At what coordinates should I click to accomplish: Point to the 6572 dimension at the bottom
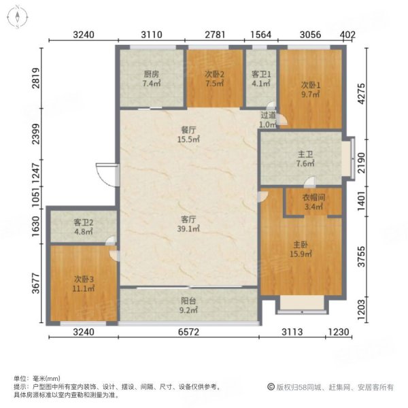[x=188, y=333]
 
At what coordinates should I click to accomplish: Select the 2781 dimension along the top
[x=216, y=35]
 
